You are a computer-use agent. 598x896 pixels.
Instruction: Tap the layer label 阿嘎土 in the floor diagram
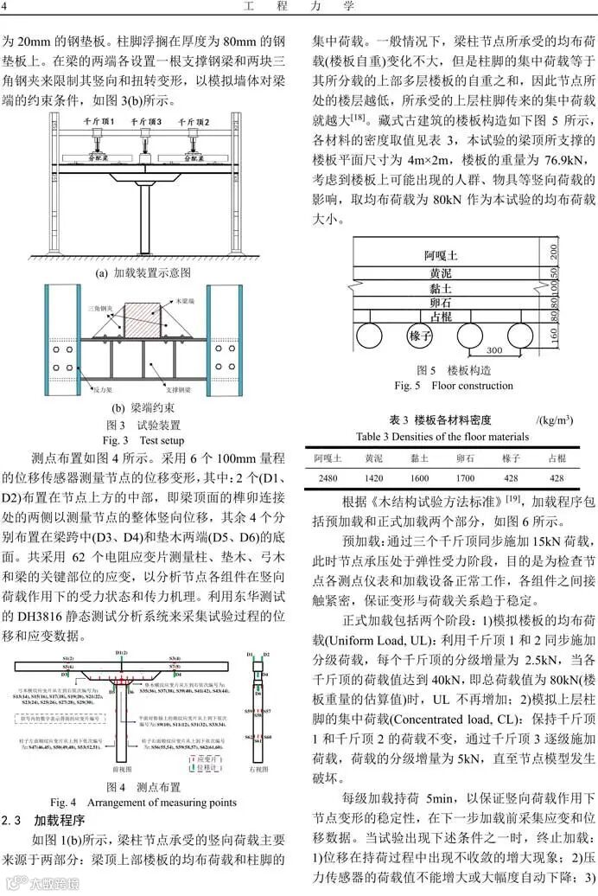[441, 255]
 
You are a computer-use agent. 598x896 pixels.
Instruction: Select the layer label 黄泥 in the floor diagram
[441, 273]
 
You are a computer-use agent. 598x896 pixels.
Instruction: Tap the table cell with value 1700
[465, 477]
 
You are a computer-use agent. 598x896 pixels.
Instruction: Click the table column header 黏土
[419, 457]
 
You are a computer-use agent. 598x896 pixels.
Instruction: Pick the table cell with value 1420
[373, 477]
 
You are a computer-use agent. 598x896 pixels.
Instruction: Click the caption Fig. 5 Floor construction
[453, 386]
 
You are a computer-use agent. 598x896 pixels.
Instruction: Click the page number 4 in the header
[6, 8]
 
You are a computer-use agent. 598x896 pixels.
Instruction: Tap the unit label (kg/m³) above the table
[554, 420]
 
